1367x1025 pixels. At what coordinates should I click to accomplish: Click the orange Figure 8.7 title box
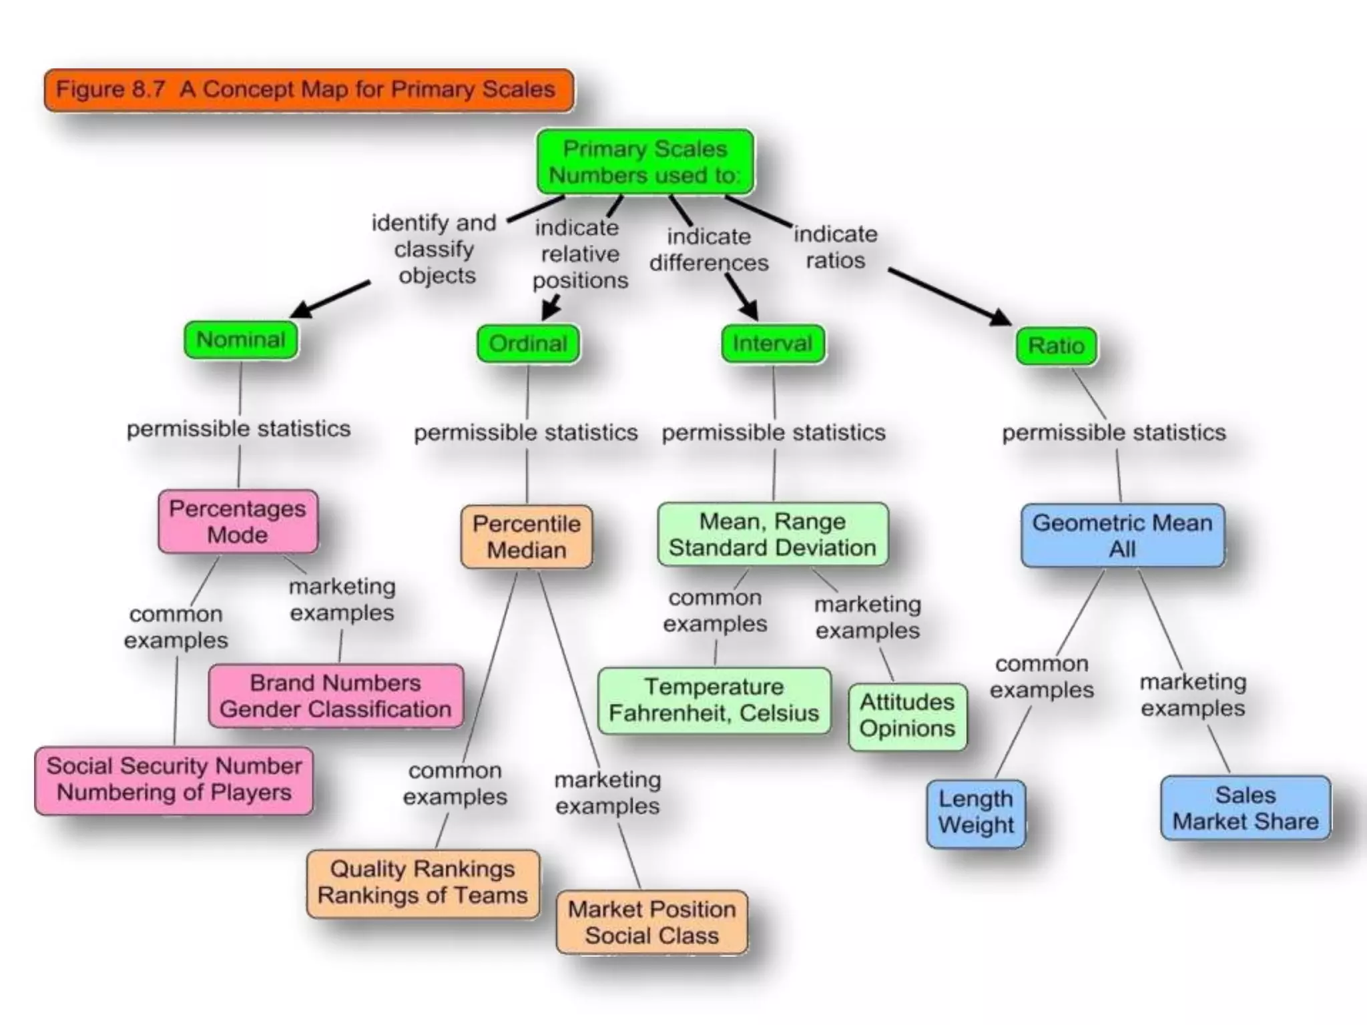point(308,90)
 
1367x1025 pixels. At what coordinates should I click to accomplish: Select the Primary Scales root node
point(645,162)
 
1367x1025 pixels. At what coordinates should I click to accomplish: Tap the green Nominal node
point(240,340)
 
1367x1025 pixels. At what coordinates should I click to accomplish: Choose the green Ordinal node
point(527,344)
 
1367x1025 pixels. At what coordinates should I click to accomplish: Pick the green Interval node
point(772,344)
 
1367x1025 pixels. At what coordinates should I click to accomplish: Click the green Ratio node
point(1055,346)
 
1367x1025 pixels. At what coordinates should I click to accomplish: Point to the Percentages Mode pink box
point(238,522)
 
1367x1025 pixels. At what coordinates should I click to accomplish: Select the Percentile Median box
point(526,537)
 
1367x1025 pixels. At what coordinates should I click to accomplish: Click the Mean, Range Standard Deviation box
point(772,535)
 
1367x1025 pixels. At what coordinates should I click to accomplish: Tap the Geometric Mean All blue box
point(1122,536)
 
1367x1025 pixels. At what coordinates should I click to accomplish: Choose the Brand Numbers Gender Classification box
point(335,696)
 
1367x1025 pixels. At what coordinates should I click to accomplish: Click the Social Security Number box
point(174,779)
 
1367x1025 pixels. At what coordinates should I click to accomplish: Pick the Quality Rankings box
point(423,882)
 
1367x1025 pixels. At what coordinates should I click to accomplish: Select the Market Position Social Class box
point(651,922)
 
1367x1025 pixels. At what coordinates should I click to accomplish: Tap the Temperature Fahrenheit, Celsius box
point(714,700)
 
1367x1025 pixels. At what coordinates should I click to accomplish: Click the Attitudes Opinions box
point(907,715)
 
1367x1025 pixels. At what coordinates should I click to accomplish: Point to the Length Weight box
point(975,812)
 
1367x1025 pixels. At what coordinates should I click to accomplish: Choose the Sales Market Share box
point(1245,808)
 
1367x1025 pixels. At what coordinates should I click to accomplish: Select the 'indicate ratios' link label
point(835,248)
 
